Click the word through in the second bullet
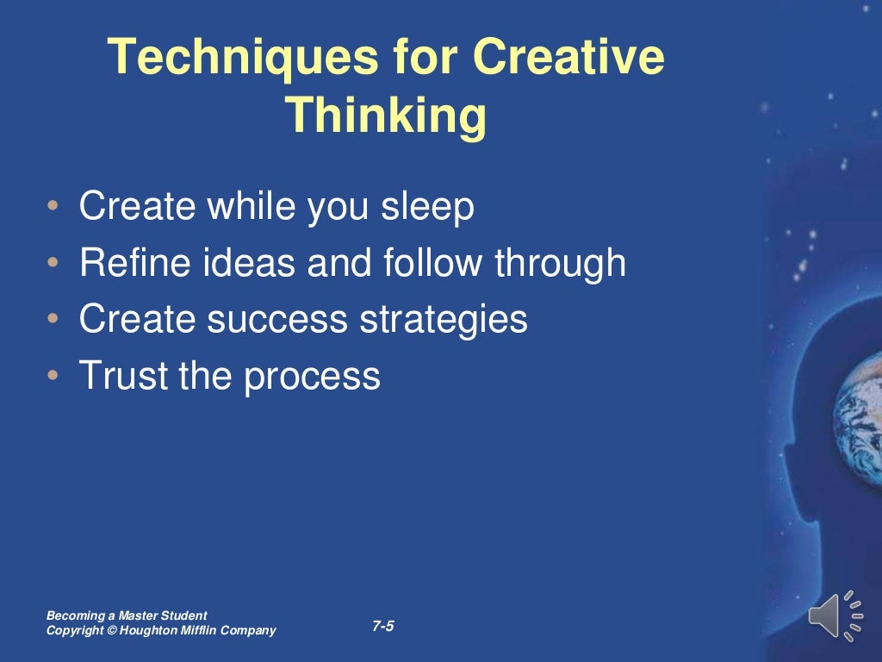tap(560, 264)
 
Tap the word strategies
tap(443, 320)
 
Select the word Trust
tap(117, 375)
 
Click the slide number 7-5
tap(383, 627)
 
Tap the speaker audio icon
tap(834, 615)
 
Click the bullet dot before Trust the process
tap(54, 377)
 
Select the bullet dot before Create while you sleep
tap(54, 209)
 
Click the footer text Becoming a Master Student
tap(127, 615)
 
